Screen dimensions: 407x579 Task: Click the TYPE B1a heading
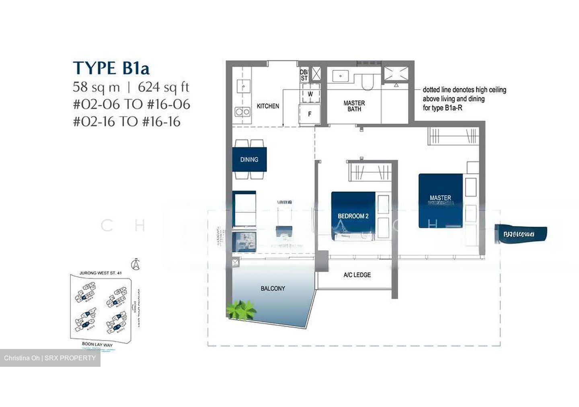coord(111,68)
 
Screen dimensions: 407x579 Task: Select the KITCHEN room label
coord(268,106)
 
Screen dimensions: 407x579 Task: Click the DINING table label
coord(249,160)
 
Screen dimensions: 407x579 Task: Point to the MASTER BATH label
coord(354,106)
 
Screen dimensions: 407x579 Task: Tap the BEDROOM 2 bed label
coord(353,216)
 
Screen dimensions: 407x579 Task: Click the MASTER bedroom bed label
coord(440,198)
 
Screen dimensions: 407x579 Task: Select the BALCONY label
coord(273,288)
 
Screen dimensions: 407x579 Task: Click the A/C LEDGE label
coord(357,275)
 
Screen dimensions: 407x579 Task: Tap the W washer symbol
coord(310,94)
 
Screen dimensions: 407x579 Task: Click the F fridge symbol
coord(310,114)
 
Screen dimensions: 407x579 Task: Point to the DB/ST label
coord(304,75)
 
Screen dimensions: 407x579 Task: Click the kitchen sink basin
coord(244,86)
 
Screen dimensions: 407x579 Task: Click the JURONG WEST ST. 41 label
coord(101,273)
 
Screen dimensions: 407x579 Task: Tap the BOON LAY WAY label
coord(97,345)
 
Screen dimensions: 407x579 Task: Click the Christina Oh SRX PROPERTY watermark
coord(50,358)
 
